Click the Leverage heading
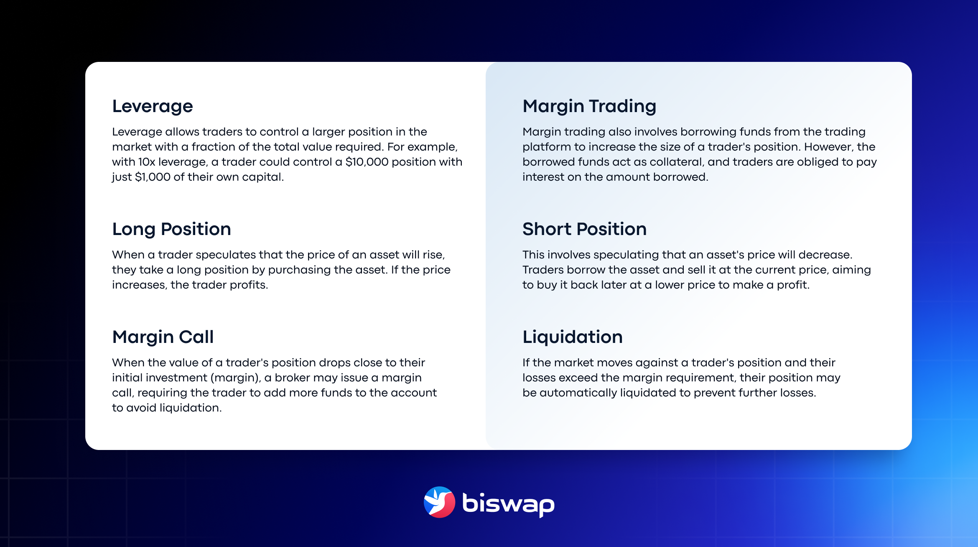(153, 106)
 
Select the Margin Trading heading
(589, 106)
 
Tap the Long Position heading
(171, 229)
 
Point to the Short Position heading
(584, 229)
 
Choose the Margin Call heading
(163, 337)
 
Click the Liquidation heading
(573, 337)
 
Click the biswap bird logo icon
(439, 502)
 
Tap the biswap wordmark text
(508, 504)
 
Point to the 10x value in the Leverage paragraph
(146, 162)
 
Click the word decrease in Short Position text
(825, 255)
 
